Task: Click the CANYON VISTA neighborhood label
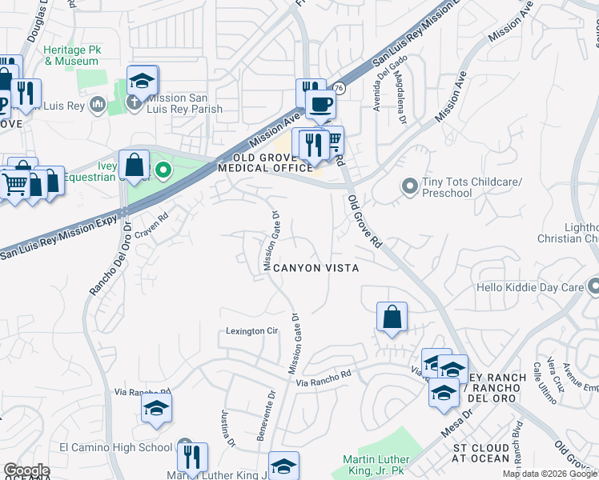(315, 268)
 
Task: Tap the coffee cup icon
(321, 104)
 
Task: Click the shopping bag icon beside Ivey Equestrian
(135, 166)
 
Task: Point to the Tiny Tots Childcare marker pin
(409, 186)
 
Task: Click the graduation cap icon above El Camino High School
(156, 409)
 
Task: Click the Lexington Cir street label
(251, 330)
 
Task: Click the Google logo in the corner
(26, 470)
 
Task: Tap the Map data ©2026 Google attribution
(549, 474)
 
